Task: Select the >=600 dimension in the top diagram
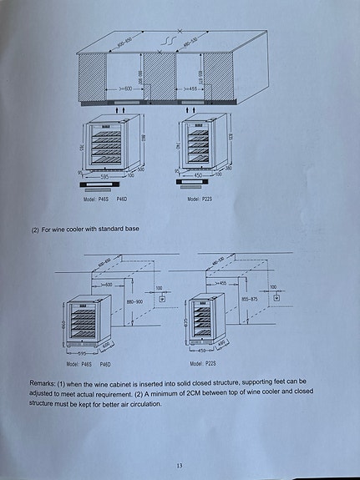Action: (x=126, y=88)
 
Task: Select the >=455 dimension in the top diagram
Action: (x=188, y=88)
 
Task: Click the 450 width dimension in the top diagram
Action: (x=199, y=175)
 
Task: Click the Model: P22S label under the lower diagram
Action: (x=200, y=364)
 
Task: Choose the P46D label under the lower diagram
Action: (x=105, y=364)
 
